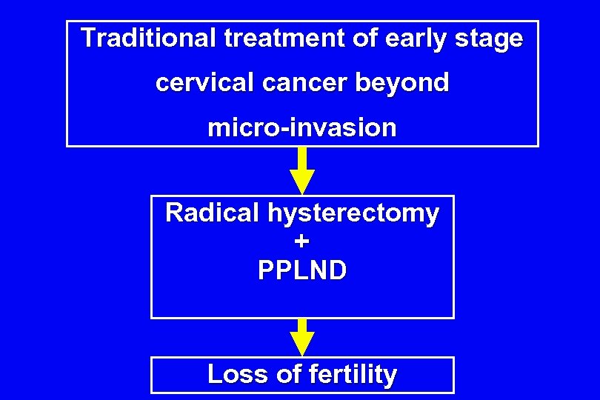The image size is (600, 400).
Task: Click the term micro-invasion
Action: [x=302, y=128]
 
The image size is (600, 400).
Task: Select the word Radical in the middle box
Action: [x=209, y=213]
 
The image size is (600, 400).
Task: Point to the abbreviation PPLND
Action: [x=302, y=270]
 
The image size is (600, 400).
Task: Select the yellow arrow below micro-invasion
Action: [x=302, y=170]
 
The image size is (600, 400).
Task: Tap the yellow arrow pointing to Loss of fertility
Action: [x=302, y=338]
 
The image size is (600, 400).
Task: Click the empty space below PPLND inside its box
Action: [x=302, y=301]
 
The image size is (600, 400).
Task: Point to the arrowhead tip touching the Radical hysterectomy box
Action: [x=302, y=193]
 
